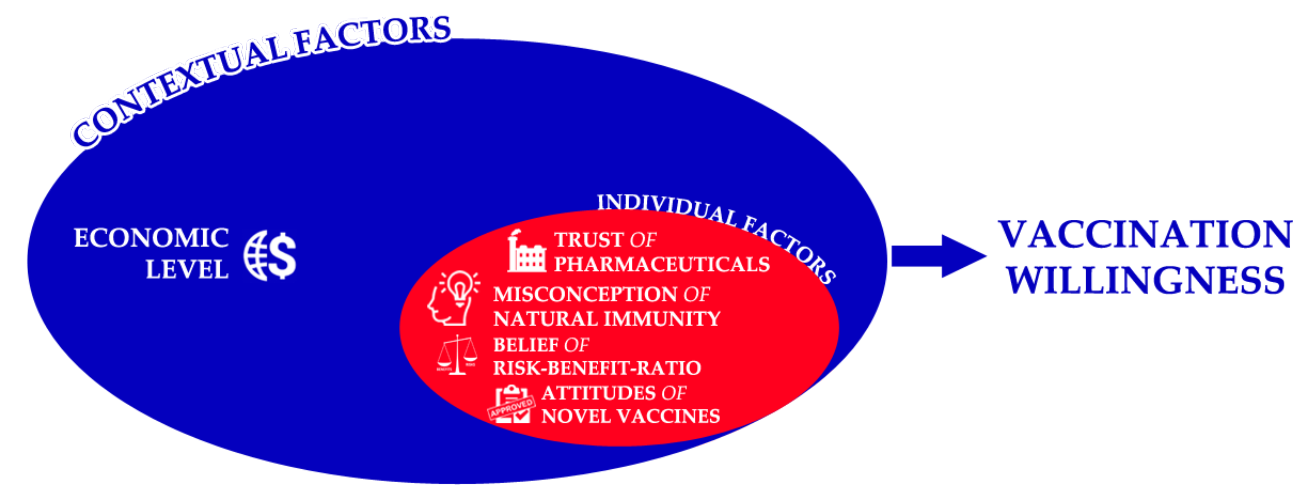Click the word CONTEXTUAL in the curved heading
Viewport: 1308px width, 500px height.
pos(178,86)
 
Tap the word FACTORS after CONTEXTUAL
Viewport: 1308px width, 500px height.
pos(373,34)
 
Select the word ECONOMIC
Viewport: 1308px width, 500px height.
pos(151,238)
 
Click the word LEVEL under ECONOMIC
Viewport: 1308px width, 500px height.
pos(187,270)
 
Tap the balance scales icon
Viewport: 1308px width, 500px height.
pos(457,355)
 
